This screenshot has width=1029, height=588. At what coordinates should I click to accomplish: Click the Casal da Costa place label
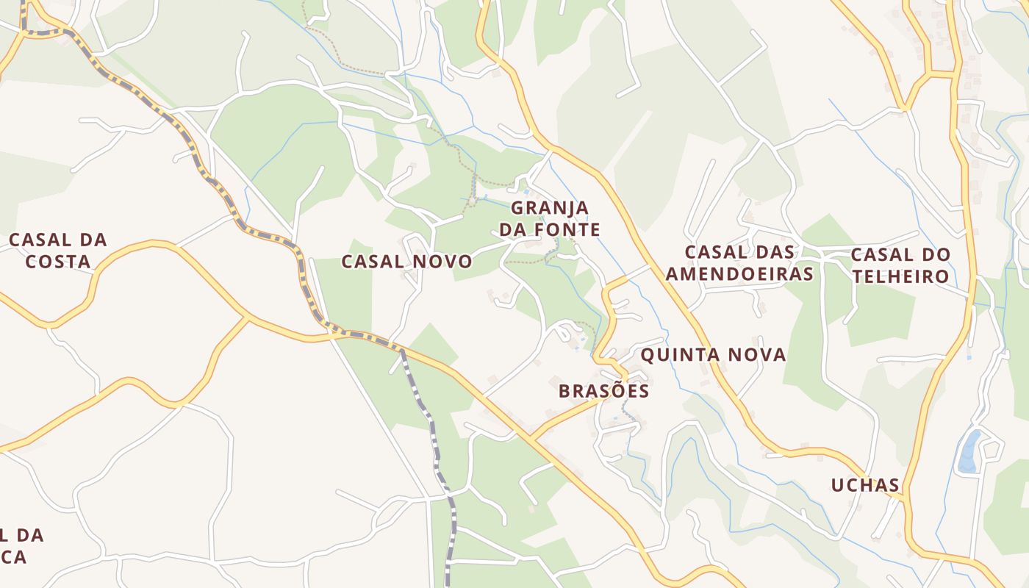click(x=57, y=250)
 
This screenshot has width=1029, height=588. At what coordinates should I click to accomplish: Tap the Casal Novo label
click(x=407, y=261)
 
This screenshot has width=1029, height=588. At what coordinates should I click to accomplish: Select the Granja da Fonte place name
click(x=550, y=218)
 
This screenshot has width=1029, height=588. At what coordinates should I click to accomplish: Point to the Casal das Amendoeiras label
click(x=739, y=262)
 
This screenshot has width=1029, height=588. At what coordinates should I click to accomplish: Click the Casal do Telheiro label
click(x=900, y=265)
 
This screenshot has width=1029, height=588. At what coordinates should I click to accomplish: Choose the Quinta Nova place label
click(x=713, y=355)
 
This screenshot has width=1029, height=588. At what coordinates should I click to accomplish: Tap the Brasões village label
click(x=603, y=390)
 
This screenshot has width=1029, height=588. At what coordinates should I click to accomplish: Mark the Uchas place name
click(x=865, y=484)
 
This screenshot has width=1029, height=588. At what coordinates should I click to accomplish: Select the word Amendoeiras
click(x=739, y=274)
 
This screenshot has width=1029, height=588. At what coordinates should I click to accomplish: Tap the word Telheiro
click(x=900, y=277)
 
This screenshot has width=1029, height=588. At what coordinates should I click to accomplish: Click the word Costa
click(x=57, y=262)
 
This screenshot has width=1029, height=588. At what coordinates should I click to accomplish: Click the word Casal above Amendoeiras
click(x=713, y=251)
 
